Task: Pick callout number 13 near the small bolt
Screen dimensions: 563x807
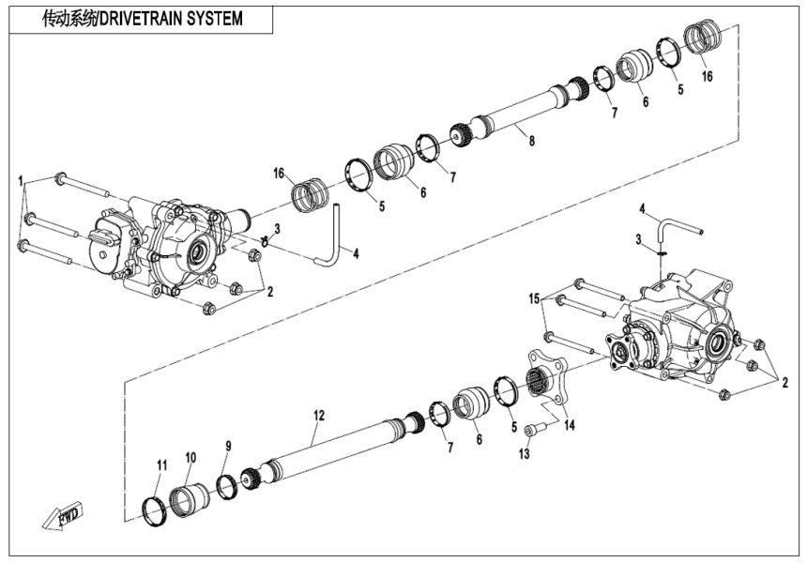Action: click(x=525, y=454)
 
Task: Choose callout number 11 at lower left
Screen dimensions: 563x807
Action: click(x=160, y=464)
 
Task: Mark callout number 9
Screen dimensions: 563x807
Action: click(x=226, y=445)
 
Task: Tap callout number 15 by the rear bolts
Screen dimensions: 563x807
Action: click(x=536, y=297)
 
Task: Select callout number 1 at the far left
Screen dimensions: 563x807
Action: click(x=20, y=177)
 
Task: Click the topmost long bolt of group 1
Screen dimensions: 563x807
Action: click(x=84, y=184)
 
